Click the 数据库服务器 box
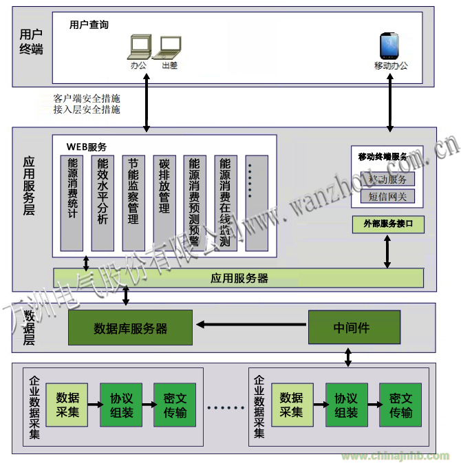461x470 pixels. pos(130,328)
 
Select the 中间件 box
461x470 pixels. pos(351,327)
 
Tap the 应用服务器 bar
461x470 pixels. pos(239,278)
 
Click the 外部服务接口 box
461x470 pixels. pos(387,224)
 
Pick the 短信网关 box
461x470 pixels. pos(387,197)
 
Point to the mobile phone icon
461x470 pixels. pos(390,46)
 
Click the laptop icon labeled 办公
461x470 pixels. pos(140,47)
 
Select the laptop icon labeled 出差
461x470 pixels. pos(169,47)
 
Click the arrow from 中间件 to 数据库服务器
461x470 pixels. pos(250,323)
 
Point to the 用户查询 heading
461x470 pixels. pos(89,25)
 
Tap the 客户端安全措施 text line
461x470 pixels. pos(87,98)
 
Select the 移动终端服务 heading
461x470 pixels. pos(387,157)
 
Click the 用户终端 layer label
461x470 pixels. pos(31,41)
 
